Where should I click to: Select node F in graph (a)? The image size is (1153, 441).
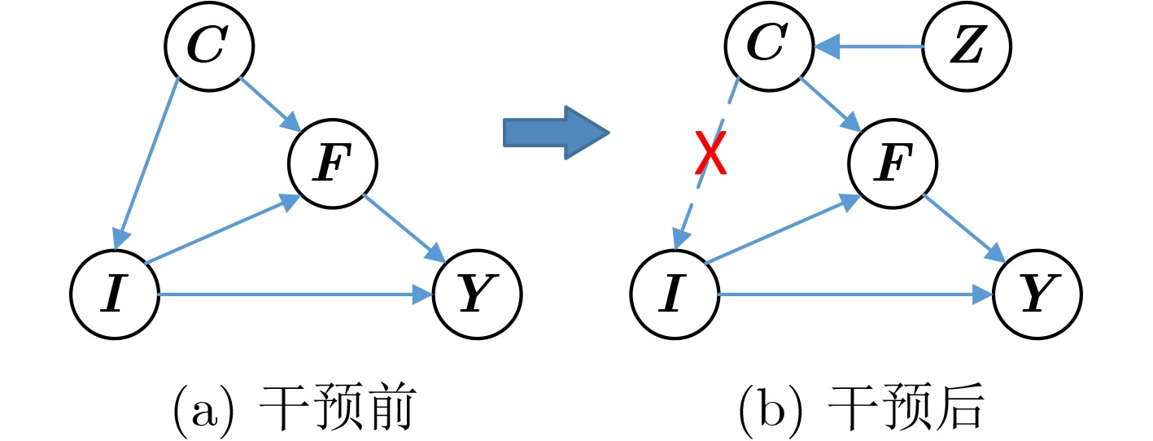pos(333,162)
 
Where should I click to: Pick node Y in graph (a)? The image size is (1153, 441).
pos(477,295)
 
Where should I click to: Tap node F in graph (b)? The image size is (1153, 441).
pos(893,162)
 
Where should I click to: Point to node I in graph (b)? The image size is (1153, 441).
pos(675,295)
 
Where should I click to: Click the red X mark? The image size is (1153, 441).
pos(710,155)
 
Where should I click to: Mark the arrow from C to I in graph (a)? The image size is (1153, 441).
pos(147,163)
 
